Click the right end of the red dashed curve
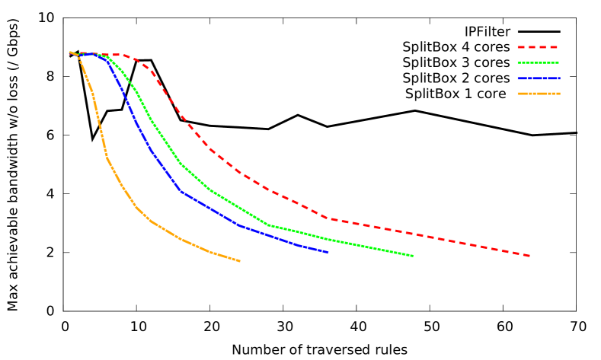(529, 256)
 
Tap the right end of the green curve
(413, 256)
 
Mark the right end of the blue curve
(328, 252)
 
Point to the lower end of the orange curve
(240, 261)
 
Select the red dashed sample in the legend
(538, 47)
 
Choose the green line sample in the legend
(538, 63)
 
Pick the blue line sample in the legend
(538, 78)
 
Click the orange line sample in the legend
(538, 94)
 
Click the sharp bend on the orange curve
(107, 157)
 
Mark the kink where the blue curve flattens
(181, 191)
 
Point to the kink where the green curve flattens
(267, 225)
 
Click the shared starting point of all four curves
(71, 53)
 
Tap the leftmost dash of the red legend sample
(522, 47)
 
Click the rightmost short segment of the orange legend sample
(558, 94)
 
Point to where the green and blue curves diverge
(107, 58)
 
